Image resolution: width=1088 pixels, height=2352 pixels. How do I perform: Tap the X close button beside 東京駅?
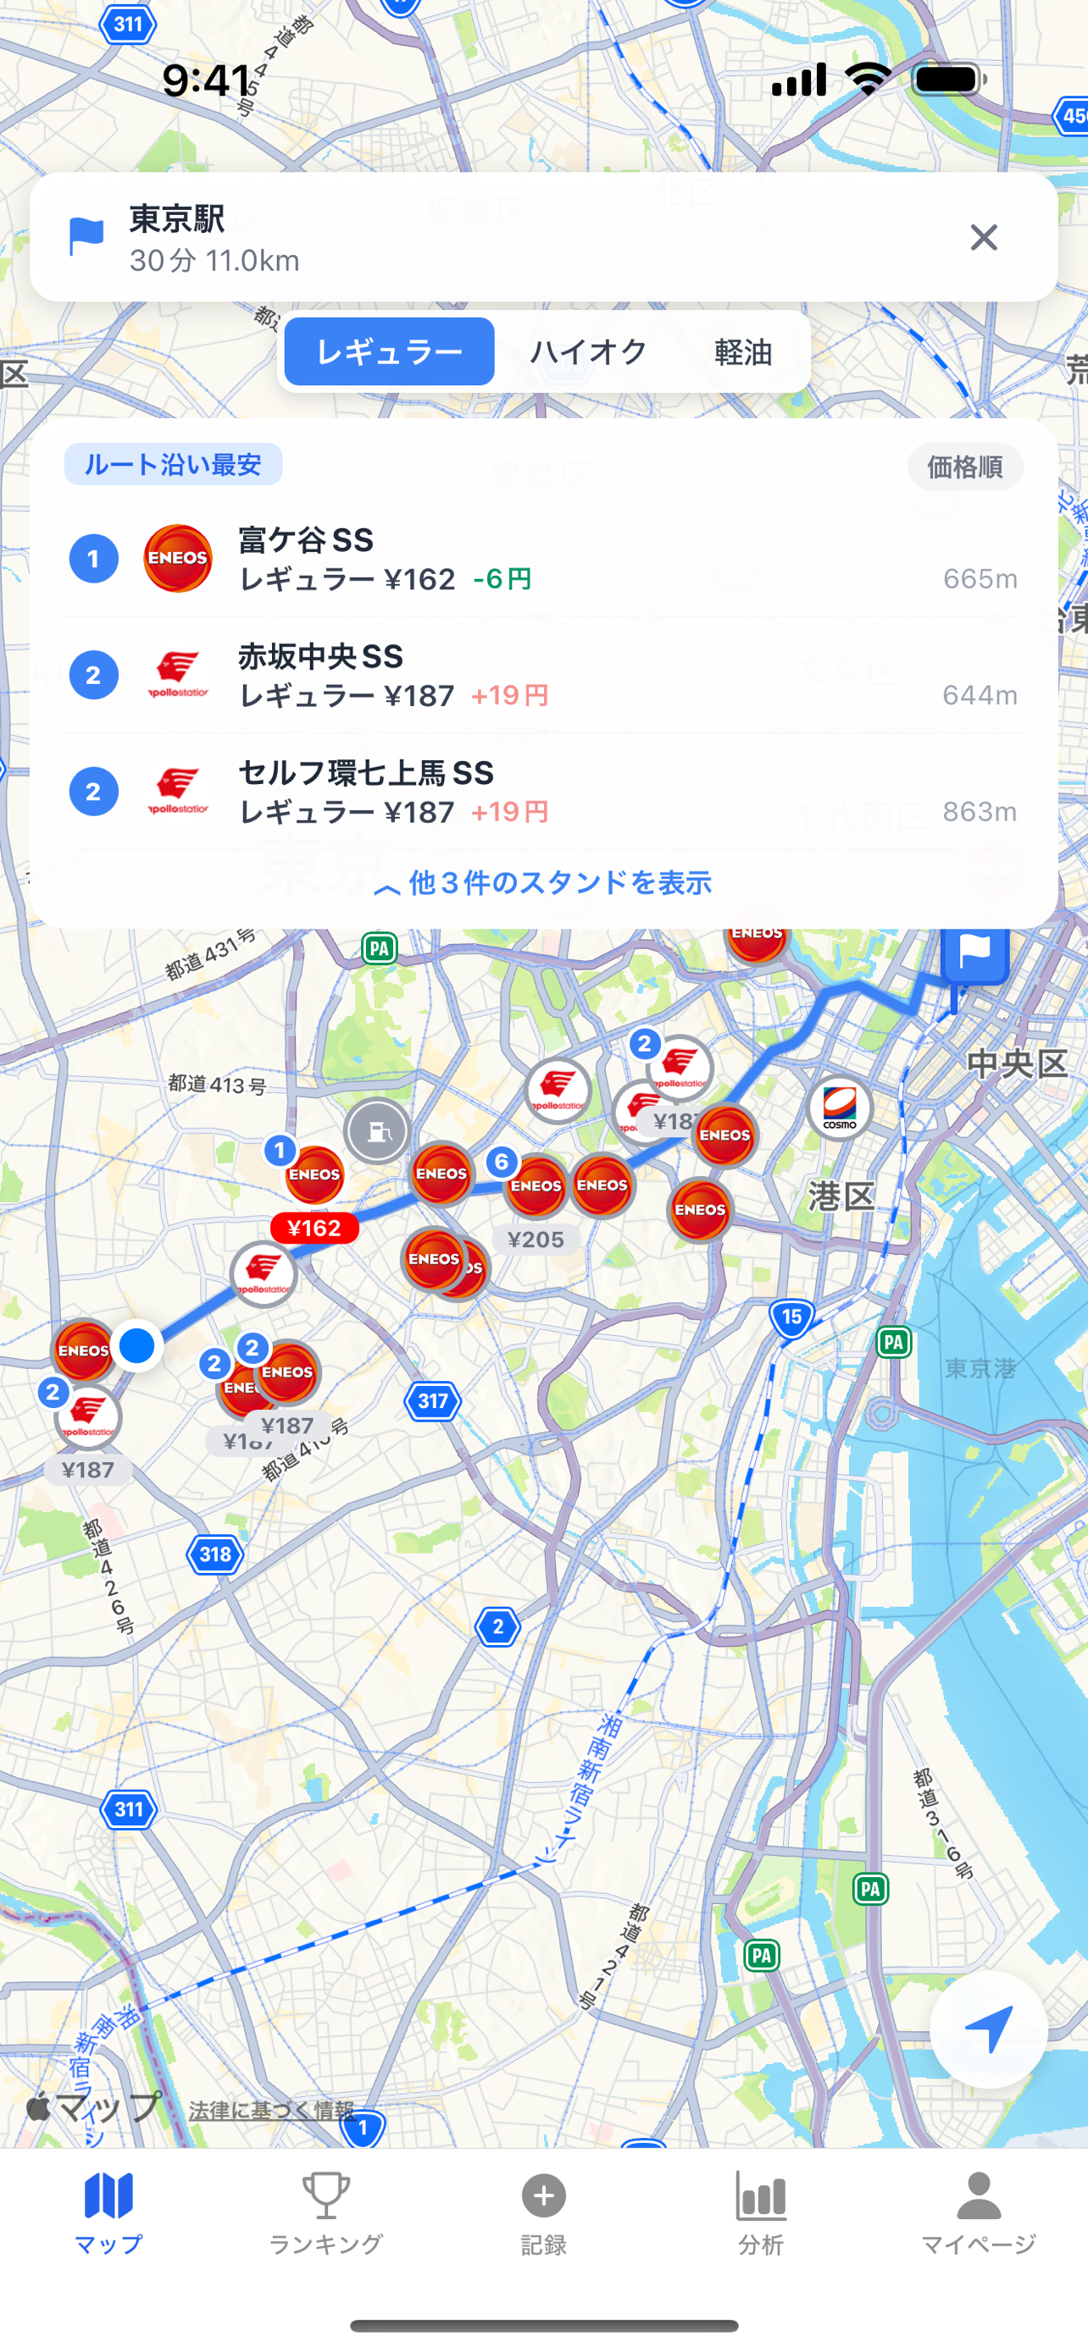983,237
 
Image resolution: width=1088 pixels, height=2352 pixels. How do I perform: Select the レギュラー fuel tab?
389,351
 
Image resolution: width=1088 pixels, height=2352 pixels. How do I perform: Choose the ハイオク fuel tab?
588,351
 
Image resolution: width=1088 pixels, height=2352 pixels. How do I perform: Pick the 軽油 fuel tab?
742,351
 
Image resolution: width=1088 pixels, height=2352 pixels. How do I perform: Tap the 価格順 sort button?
964,467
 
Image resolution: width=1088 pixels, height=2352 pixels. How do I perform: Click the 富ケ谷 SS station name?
306,540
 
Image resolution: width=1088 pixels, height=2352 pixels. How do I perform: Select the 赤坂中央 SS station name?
320,656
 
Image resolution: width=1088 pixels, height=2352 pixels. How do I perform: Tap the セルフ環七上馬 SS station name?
365,773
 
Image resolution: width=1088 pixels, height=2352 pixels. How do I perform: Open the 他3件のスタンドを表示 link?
543,883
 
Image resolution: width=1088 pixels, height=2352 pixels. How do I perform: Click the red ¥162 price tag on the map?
314,1228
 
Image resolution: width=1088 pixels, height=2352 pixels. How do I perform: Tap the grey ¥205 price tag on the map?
536,1239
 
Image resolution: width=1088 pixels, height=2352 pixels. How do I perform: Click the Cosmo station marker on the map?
840,1107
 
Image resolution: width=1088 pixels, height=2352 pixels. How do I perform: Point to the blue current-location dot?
137,1345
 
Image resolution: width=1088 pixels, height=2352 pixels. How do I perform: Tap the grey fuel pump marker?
377,1131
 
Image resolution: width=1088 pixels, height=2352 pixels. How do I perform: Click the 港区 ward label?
841,1196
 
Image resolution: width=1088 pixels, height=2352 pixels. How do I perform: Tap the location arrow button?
987,2029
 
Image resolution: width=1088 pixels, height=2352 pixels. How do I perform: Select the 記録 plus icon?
543,2196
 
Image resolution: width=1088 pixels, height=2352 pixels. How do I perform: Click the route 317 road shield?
432,1400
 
